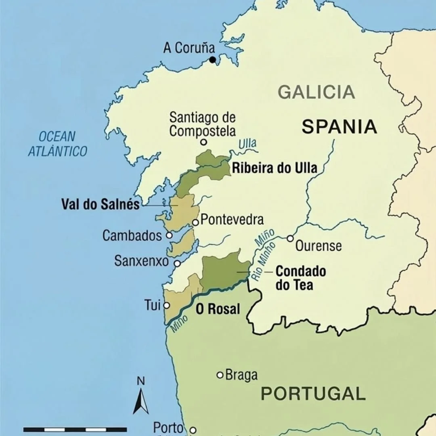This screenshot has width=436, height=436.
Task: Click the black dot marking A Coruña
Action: point(212,60)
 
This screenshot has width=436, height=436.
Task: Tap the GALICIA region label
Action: point(316,92)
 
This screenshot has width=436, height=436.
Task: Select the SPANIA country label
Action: point(340,127)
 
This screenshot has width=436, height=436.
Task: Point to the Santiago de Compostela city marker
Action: point(203,142)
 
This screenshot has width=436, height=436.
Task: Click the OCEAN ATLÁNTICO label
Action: point(57,144)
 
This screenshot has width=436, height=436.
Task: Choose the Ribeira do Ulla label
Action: point(274,168)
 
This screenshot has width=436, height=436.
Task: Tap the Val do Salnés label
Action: point(101,204)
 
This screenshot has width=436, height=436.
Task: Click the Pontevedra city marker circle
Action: point(195,222)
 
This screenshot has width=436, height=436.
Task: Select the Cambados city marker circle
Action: point(169,235)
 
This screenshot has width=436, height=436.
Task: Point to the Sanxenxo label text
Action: point(141,261)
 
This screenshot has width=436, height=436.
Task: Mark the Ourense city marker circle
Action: point(290,239)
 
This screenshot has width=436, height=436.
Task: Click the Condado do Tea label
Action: point(300,278)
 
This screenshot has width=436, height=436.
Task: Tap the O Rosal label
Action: point(218,309)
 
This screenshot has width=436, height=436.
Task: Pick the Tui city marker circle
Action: point(166,306)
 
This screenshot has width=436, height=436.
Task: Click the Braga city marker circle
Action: point(220,375)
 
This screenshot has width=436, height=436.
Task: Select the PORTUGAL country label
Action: point(313,393)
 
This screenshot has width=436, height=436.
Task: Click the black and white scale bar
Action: point(75,430)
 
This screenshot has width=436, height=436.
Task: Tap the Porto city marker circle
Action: point(193,430)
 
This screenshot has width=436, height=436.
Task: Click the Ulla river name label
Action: point(247,144)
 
